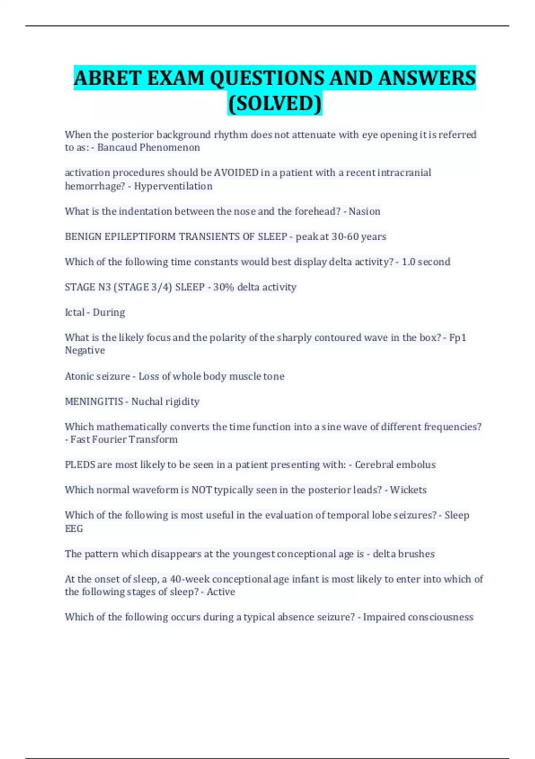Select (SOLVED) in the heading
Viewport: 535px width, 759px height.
(275, 104)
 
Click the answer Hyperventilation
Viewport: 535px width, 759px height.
(173, 186)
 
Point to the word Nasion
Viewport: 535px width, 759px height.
(364, 212)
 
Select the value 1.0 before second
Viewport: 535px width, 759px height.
(409, 262)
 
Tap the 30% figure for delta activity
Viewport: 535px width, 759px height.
(223, 287)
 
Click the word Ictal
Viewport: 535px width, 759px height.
(74, 313)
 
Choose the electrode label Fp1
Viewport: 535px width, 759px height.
(457, 338)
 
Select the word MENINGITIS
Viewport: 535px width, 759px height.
(94, 402)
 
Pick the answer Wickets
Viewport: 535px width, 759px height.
(408, 490)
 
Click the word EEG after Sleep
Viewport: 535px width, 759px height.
(74, 529)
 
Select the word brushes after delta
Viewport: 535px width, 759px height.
(416, 554)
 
